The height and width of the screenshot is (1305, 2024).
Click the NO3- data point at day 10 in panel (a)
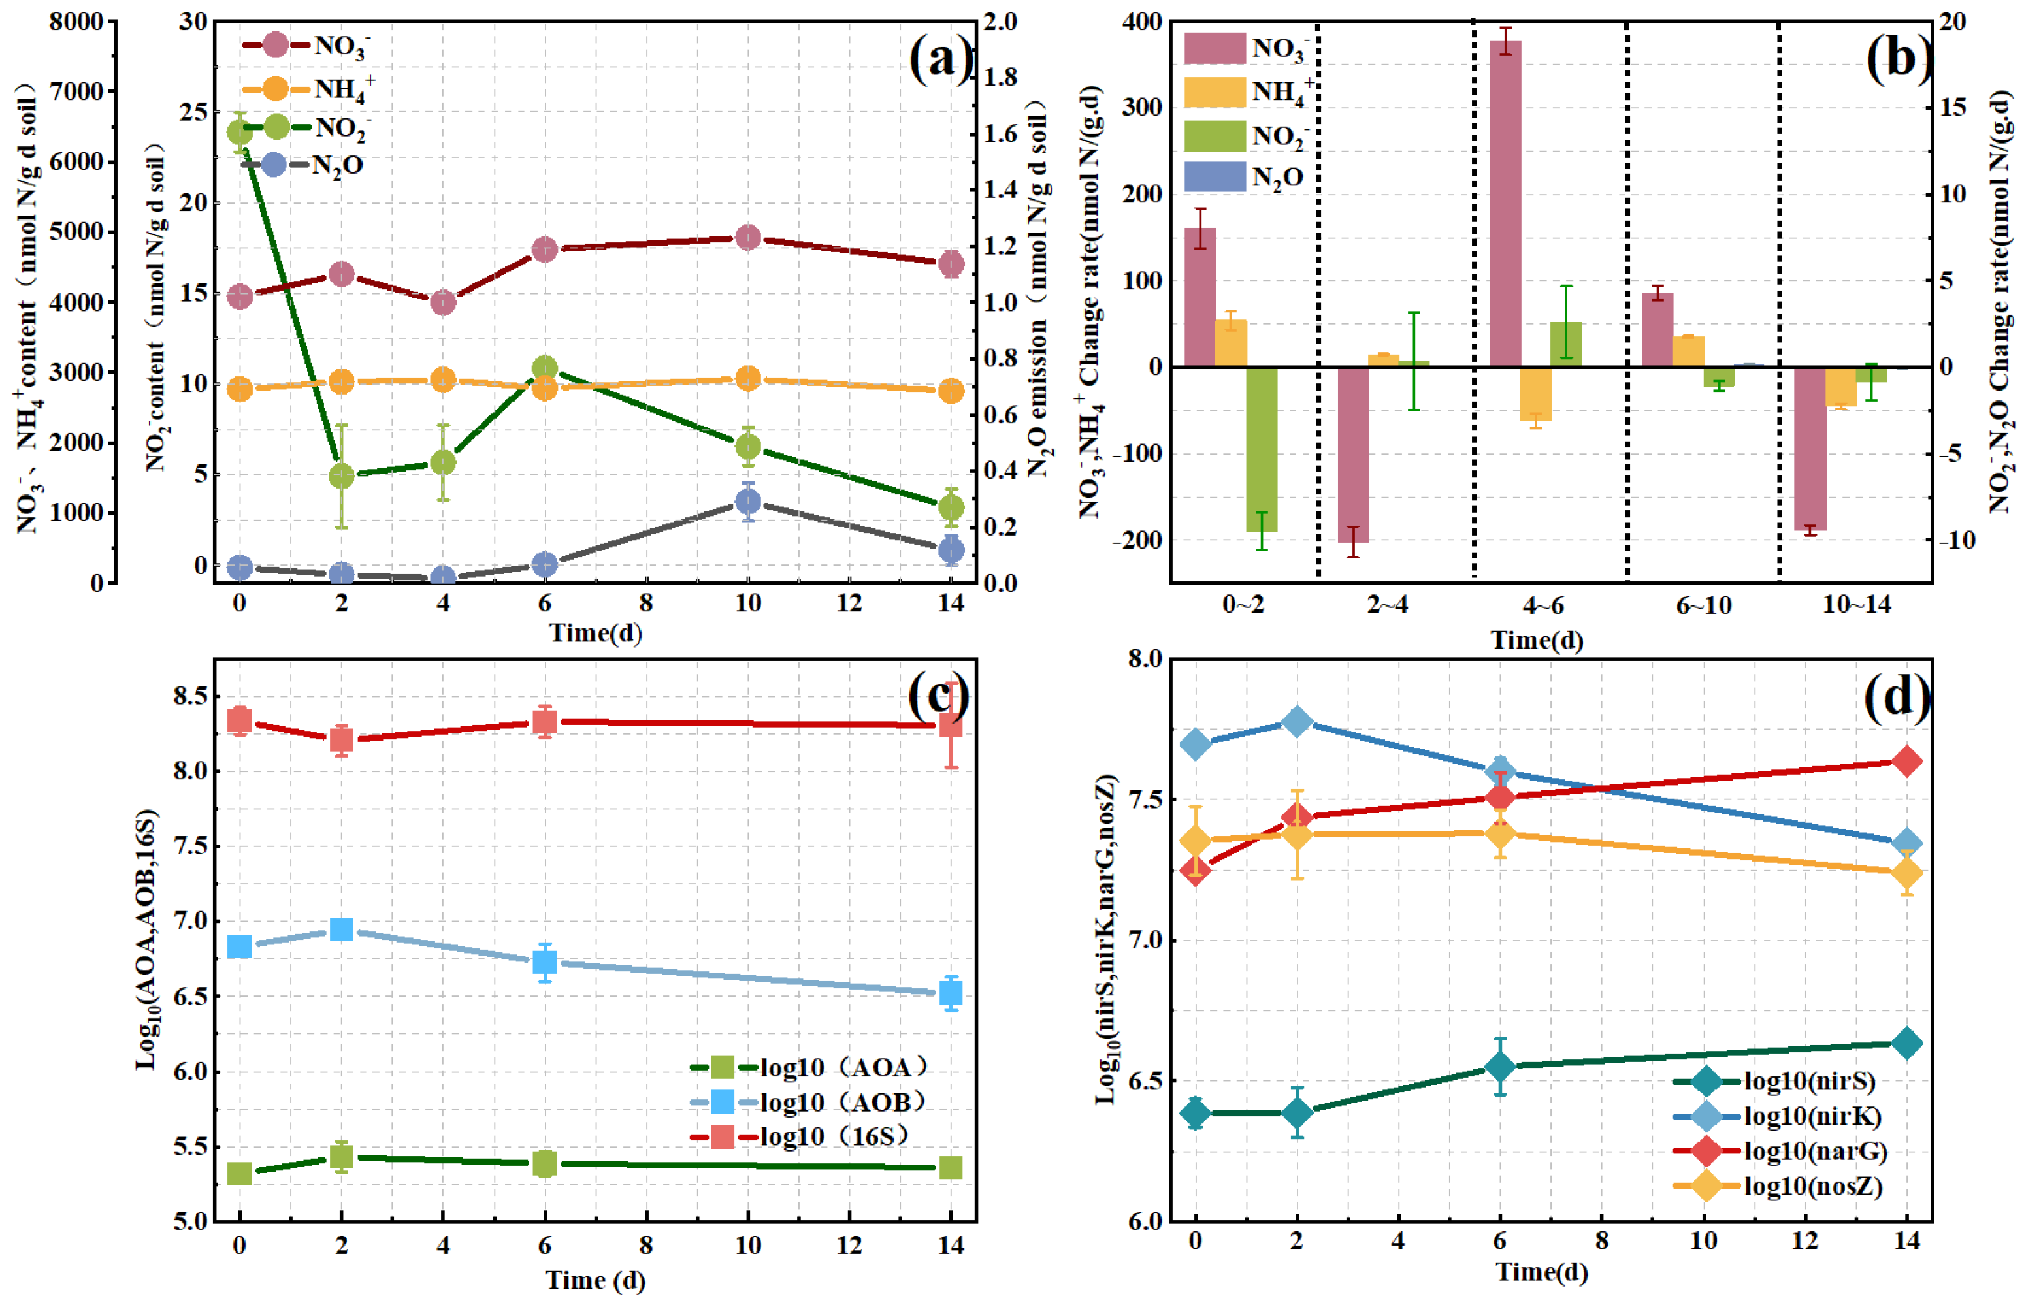point(747,237)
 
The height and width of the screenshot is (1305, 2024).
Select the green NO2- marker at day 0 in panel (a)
point(240,132)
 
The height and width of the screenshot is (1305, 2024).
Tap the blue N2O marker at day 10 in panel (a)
point(747,502)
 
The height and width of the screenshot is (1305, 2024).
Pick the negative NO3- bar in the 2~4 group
point(1353,454)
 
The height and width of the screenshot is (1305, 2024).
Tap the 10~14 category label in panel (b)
point(1856,604)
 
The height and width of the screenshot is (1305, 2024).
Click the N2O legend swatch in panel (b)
point(1214,177)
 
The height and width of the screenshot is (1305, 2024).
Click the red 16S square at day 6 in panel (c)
point(544,722)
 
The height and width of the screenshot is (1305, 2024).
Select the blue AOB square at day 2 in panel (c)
point(341,929)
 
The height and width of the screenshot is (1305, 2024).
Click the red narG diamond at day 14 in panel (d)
point(1906,762)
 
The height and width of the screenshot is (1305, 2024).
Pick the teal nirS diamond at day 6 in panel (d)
point(1499,1066)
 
